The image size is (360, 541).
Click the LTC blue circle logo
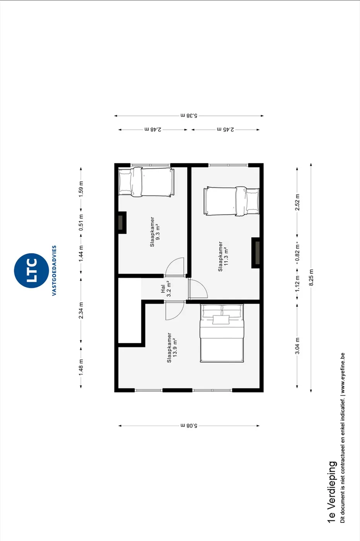pyautogui.click(x=31, y=270)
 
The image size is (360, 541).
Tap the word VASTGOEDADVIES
pyautogui.click(x=54, y=270)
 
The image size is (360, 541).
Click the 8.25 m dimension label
pyautogui.click(x=311, y=277)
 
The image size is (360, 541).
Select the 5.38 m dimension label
pyautogui.click(x=189, y=116)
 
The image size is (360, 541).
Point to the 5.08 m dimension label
pyautogui.click(x=189, y=425)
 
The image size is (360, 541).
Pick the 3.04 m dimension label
pyautogui.click(x=297, y=346)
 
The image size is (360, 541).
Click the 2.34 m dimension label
pyautogui.click(x=81, y=310)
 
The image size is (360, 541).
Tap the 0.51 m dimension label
pyautogui.click(x=81, y=222)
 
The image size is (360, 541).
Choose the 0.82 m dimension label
pyautogui.click(x=297, y=253)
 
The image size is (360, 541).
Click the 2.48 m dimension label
pyautogui.click(x=153, y=129)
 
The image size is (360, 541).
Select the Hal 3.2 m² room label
pyautogui.click(x=166, y=289)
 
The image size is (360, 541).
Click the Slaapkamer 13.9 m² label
pyautogui.click(x=172, y=347)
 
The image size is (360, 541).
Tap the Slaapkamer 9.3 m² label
pyautogui.click(x=155, y=231)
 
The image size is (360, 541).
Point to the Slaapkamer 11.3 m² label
pyautogui.click(x=223, y=256)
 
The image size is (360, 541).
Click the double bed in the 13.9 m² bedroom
pyautogui.click(x=222, y=333)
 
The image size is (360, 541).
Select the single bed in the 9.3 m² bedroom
pyautogui.click(x=147, y=182)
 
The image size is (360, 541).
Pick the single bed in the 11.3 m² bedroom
pyautogui.click(x=232, y=201)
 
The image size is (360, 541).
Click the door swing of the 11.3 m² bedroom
pyautogui.click(x=198, y=289)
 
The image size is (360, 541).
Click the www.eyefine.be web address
pyautogui.click(x=343, y=373)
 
